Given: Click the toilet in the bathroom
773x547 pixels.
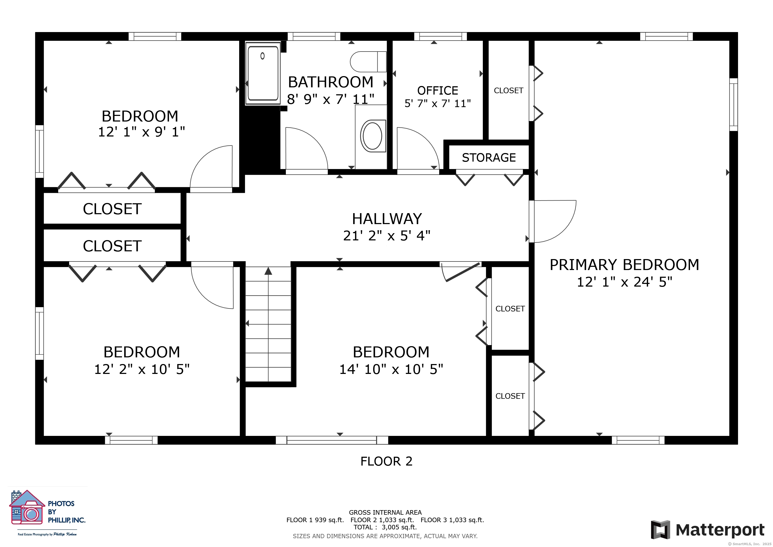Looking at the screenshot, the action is click(x=368, y=62).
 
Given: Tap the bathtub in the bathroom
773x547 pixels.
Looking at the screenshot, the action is click(x=263, y=73).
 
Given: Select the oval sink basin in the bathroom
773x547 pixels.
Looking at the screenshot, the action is click(x=372, y=136).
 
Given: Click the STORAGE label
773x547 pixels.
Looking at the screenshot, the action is click(x=489, y=158).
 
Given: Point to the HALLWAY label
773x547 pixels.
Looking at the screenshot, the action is click(x=387, y=219).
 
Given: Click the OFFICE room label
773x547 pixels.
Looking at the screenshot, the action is click(x=438, y=91).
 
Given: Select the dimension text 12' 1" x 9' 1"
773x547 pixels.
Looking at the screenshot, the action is click(x=141, y=132).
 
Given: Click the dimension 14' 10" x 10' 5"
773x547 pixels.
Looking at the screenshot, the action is click(x=391, y=369).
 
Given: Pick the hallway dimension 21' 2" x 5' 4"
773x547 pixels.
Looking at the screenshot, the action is click(x=387, y=236).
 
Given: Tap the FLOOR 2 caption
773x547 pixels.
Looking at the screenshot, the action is click(x=386, y=461).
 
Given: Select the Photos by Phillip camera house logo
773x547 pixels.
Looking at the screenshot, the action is click(x=27, y=507).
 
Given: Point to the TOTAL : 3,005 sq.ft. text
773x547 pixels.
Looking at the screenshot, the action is click(x=385, y=527).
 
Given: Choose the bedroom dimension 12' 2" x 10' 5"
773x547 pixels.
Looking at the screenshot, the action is click(x=142, y=369).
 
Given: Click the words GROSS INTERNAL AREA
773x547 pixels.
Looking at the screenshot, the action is click(x=385, y=512).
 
